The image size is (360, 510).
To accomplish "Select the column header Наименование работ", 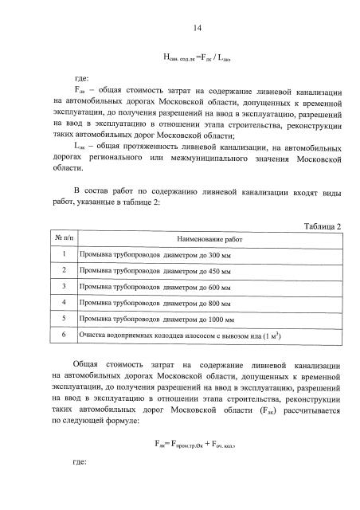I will pos(207,239).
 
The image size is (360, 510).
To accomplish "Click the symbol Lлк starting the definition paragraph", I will pos(79,147).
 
